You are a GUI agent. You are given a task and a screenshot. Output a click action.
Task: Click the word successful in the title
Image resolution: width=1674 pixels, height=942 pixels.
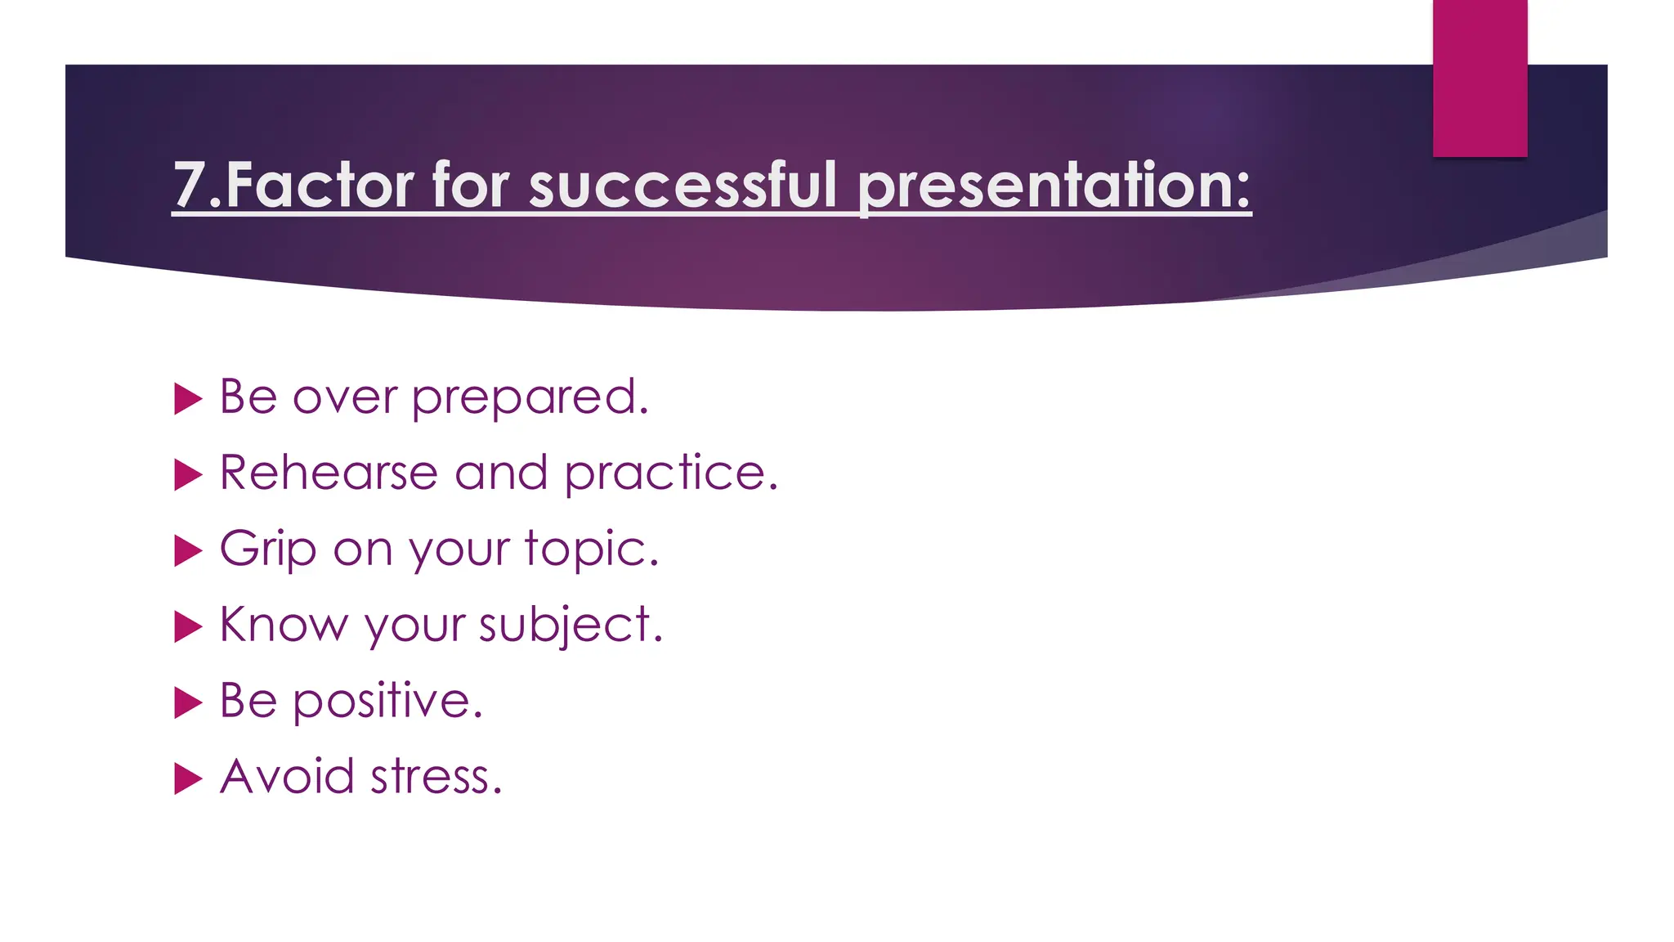[683, 186]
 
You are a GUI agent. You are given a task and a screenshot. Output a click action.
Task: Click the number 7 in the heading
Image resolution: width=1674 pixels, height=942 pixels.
[189, 186]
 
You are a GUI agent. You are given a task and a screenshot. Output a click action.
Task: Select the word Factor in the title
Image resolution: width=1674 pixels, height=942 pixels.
[320, 186]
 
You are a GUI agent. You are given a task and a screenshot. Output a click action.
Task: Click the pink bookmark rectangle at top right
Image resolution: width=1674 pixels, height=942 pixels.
[1479, 78]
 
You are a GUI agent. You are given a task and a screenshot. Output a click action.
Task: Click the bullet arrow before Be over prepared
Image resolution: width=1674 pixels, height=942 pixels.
[188, 399]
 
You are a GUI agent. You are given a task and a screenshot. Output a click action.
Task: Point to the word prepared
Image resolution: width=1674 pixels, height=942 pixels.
[529, 398]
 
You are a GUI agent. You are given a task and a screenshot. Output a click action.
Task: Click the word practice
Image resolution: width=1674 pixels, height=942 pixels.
[670, 473]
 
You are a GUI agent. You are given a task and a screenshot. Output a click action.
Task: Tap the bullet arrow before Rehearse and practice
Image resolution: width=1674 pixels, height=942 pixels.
[188, 475]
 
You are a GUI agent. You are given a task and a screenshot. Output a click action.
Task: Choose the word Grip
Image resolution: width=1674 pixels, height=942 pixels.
[267, 549]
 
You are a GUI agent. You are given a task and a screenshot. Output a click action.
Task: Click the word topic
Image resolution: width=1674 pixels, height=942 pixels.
[590, 549]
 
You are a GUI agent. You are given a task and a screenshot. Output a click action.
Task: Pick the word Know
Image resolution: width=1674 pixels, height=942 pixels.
[284, 625]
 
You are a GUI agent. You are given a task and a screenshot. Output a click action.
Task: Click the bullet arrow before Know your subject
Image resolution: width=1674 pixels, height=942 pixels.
[188, 627]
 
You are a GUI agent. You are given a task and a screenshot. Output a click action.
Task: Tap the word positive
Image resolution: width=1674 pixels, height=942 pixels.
[387, 702]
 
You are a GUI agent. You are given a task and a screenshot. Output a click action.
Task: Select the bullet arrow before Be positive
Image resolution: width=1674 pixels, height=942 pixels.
[188, 703]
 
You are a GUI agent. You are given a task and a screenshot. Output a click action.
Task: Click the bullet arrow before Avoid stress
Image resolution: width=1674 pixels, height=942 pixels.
[188, 779]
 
